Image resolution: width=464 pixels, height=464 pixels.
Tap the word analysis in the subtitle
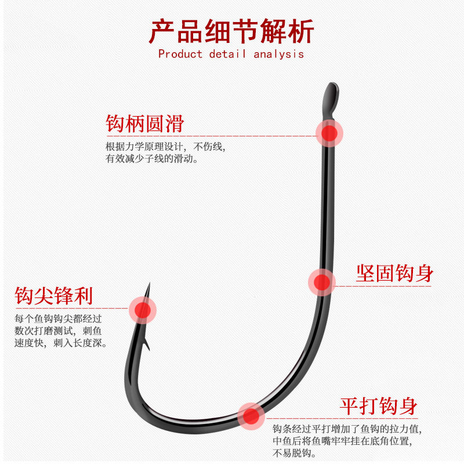pos(278,54)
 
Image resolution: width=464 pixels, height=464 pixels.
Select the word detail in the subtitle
pos(228,54)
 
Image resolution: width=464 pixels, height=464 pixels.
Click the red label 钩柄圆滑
pos(144,124)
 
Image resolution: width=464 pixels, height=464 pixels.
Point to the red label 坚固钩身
pos(394,273)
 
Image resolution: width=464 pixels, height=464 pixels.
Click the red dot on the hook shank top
pos(329,133)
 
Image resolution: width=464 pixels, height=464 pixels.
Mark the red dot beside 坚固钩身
pos(321,282)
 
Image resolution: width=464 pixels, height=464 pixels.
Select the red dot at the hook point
pos(142,310)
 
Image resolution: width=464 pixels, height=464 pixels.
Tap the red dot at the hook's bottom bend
pos(251,415)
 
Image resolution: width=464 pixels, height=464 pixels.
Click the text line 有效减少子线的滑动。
pos(152,158)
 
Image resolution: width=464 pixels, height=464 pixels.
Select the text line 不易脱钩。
pos(294,453)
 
